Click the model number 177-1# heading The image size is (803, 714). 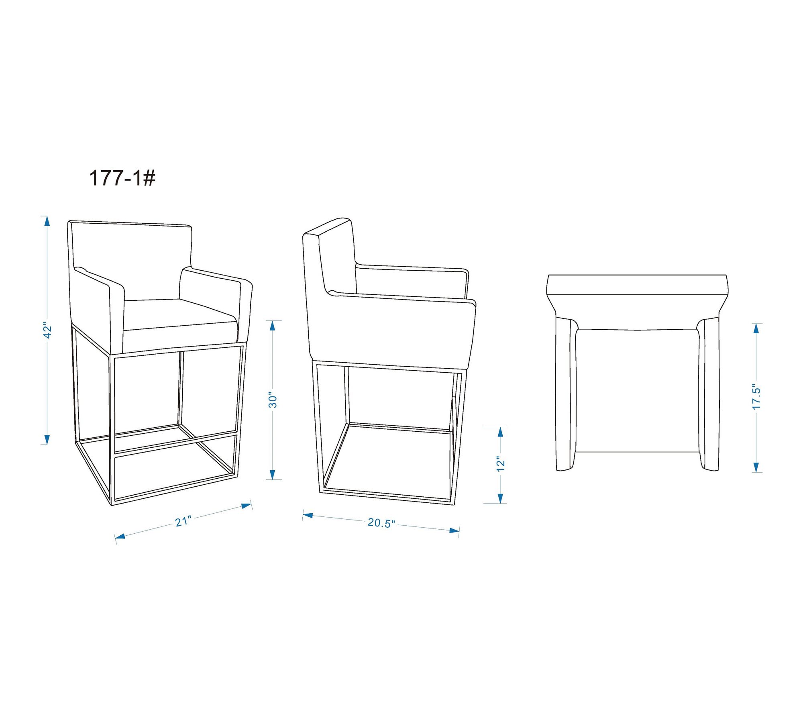[x=122, y=178]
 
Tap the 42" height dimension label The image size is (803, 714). [x=48, y=330]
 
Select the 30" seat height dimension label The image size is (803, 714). [x=273, y=400]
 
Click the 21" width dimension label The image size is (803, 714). [x=183, y=521]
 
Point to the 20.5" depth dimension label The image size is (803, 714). [x=381, y=523]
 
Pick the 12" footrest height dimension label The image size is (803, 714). [x=500, y=464]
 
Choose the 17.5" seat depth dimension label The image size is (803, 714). [x=756, y=397]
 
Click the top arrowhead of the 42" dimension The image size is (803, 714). [x=47, y=221]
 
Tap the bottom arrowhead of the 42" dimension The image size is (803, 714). [x=47, y=439]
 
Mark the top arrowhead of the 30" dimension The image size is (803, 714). [x=273, y=326]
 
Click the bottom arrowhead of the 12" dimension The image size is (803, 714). [x=500, y=498]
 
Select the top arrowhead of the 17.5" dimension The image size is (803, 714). [x=756, y=328]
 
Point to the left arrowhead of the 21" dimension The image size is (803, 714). [x=120, y=537]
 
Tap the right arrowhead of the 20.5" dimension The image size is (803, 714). [x=454, y=530]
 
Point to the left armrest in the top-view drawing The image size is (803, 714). [x=566, y=394]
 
